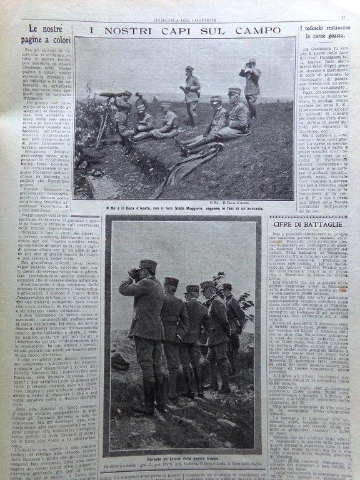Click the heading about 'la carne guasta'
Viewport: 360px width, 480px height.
pyautogui.click(x=321, y=33)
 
